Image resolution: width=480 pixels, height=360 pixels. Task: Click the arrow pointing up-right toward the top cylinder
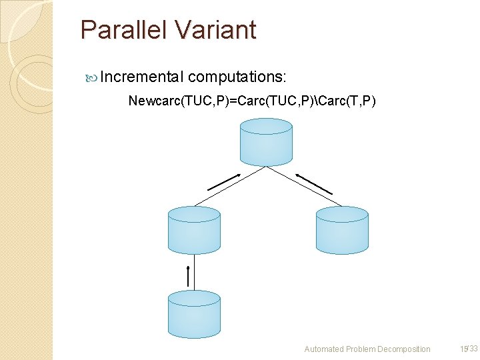223,181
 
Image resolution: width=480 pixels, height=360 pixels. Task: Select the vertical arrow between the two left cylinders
189,277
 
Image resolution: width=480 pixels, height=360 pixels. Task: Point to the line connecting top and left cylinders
230,186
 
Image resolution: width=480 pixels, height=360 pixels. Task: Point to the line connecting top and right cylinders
304,186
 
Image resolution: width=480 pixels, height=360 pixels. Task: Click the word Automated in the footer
323,349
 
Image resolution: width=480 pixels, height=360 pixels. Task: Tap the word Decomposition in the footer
403,349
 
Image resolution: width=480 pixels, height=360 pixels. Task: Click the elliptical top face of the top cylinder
265,127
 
